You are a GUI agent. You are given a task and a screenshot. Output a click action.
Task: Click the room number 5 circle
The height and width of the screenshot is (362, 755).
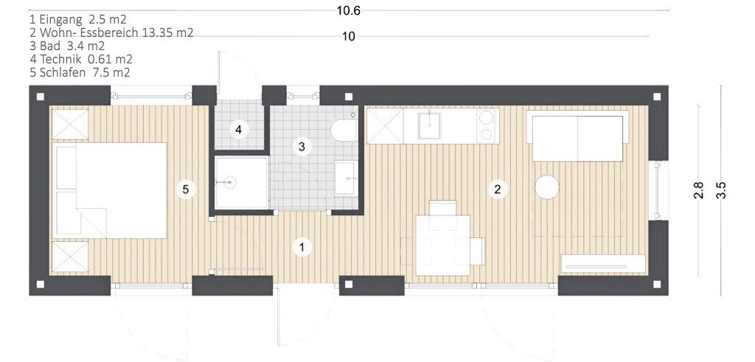pos(186,189)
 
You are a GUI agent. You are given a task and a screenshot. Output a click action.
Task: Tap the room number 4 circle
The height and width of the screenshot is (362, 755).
pos(239,130)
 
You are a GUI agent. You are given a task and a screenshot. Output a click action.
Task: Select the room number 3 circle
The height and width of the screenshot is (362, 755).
pos(302,147)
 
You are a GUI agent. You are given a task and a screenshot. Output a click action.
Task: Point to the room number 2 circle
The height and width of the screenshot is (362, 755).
pos(498,189)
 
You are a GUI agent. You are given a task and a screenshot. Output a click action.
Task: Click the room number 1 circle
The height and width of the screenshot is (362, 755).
pos(302,248)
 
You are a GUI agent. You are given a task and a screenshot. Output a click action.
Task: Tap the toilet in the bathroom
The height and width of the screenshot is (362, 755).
pos(344,128)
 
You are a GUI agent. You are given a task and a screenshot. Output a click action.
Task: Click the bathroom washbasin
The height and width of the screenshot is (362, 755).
pos(347,178)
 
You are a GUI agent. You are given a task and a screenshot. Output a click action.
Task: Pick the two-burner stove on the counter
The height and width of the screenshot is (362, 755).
pos(487,125)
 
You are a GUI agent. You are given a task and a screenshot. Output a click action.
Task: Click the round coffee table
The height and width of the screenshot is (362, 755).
pos(547,187)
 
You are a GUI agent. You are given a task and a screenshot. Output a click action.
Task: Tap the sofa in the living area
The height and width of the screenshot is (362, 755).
pos(578,136)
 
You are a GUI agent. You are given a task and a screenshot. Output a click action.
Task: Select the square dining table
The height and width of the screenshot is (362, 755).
pos(443,245)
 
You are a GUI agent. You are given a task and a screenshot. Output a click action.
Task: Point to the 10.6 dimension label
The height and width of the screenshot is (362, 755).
pos(349,11)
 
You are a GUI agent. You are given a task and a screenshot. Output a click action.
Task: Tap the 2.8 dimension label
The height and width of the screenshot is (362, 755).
pos(699,190)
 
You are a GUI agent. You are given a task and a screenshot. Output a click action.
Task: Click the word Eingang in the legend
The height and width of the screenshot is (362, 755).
pos(60,20)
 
